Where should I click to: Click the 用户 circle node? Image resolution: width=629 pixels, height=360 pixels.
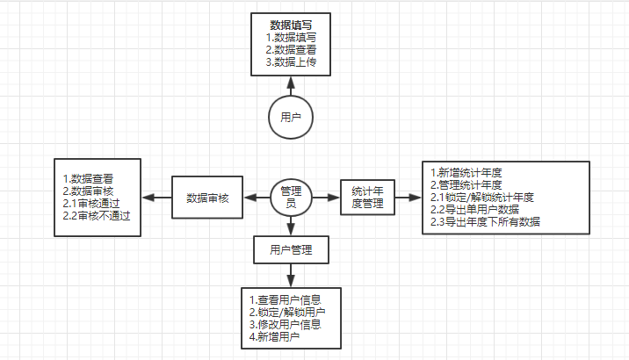[x=291, y=117]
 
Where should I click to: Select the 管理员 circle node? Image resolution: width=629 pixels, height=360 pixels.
[x=291, y=197]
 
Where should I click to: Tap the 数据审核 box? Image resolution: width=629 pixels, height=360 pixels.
[x=207, y=198]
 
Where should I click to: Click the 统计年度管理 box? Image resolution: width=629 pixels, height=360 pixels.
[x=367, y=197]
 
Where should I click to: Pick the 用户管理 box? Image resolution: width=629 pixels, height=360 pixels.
[x=292, y=250]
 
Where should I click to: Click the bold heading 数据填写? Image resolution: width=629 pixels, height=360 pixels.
[x=292, y=25]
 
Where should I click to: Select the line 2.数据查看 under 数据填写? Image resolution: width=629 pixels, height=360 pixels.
[x=292, y=50]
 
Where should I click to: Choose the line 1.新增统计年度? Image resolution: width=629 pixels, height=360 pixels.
[x=466, y=172]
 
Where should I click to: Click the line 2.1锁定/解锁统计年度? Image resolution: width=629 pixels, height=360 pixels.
[x=482, y=197]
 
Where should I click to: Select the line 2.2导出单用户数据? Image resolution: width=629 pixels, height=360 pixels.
[x=474, y=209]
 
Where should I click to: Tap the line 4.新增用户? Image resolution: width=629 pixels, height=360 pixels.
[x=274, y=336]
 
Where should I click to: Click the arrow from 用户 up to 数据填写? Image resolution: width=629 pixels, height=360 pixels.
[x=291, y=86]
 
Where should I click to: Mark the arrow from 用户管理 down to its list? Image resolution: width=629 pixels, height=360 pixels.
[x=291, y=275]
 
